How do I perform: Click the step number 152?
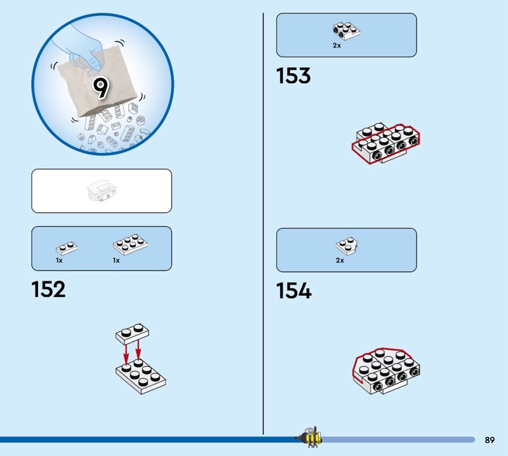[x=48, y=290]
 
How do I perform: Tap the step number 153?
[x=293, y=76]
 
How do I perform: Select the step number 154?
[x=294, y=291]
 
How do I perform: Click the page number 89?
[x=490, y=440]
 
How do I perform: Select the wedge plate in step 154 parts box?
[x=345, y=246]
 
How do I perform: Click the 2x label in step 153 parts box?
[x=337, y=46]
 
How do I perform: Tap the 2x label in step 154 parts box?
[x=340, y=260]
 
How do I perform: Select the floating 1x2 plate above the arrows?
[x=133, y=332]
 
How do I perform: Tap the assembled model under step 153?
[x=385, y=143]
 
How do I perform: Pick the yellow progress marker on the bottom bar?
[x=311, y=439]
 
